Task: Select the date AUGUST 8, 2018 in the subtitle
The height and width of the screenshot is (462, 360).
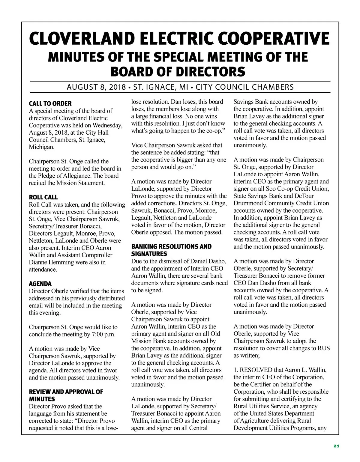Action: point(96,87)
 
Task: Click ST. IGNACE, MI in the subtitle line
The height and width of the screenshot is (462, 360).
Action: point(161,87)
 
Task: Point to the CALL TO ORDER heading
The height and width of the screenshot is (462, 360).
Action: point(50,104)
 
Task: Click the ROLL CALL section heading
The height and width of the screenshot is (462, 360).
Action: point(43,197)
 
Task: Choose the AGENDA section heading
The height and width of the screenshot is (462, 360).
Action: point(40,284)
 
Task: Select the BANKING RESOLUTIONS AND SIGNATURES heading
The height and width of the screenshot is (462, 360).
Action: point(171,250)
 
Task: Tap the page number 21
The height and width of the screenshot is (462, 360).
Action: point(336,446)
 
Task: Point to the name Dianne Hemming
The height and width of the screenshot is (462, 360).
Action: point(51,262)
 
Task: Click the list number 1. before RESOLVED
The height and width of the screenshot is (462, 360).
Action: point(236,370)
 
